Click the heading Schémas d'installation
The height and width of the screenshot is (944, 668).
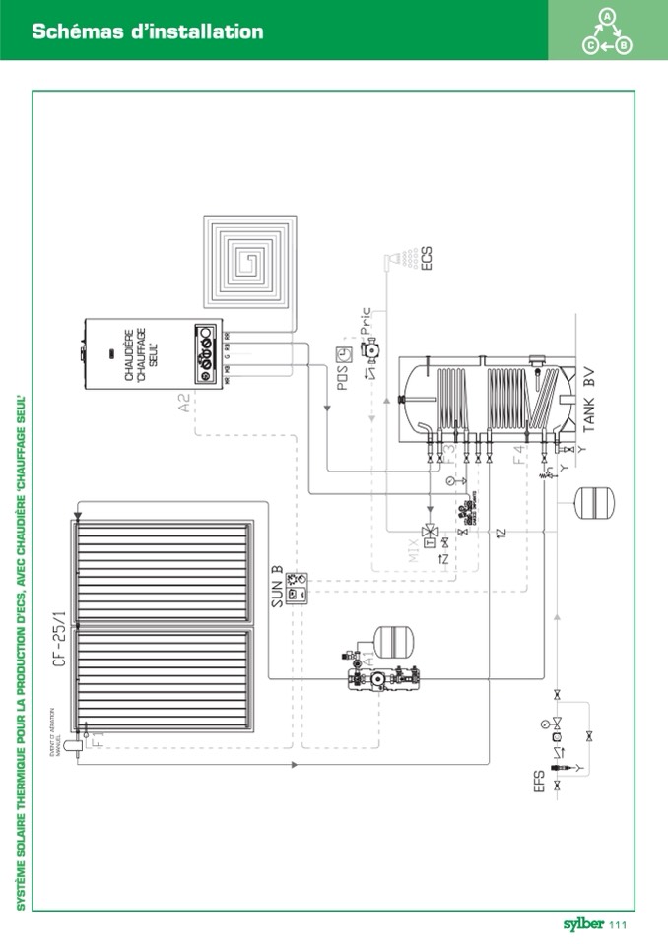coord(148,31)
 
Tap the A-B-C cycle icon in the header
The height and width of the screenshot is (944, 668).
coord(607,31)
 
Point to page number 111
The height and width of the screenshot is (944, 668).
coord(619,924)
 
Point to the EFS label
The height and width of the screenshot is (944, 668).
coord(538,787)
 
